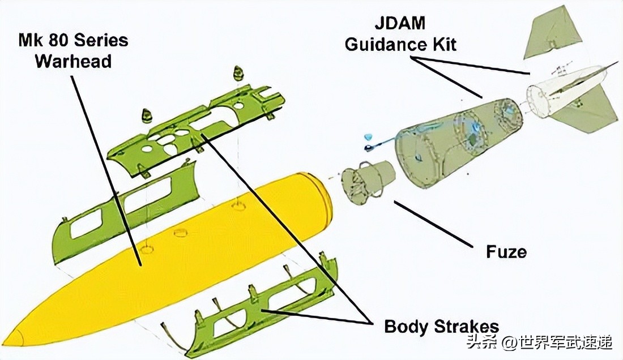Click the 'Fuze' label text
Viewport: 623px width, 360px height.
click(x=506, y=251)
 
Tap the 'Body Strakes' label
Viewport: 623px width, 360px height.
click(x=441, y=327)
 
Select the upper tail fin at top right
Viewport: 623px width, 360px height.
click(x=552, y=34)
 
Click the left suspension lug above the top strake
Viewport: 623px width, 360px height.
click(x=148, y=115)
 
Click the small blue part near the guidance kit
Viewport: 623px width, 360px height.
click(x=368, y=137)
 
